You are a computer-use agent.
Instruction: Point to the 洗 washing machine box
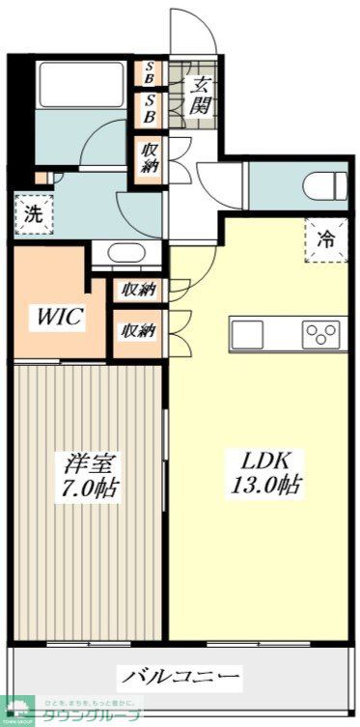[x=34, y=214]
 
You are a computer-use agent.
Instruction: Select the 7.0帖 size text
[x=85, y=489]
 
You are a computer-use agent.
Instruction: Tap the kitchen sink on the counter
[x=245, y=335]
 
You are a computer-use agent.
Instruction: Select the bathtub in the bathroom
[x=78, y=86]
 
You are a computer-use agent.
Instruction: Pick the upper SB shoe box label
[x=150, y=72]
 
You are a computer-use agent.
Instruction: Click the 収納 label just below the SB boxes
[x=150, y=156]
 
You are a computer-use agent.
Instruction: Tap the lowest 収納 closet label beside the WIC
[x=138, y=331]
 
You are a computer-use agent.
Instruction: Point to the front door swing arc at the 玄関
[x=189, y=29]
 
